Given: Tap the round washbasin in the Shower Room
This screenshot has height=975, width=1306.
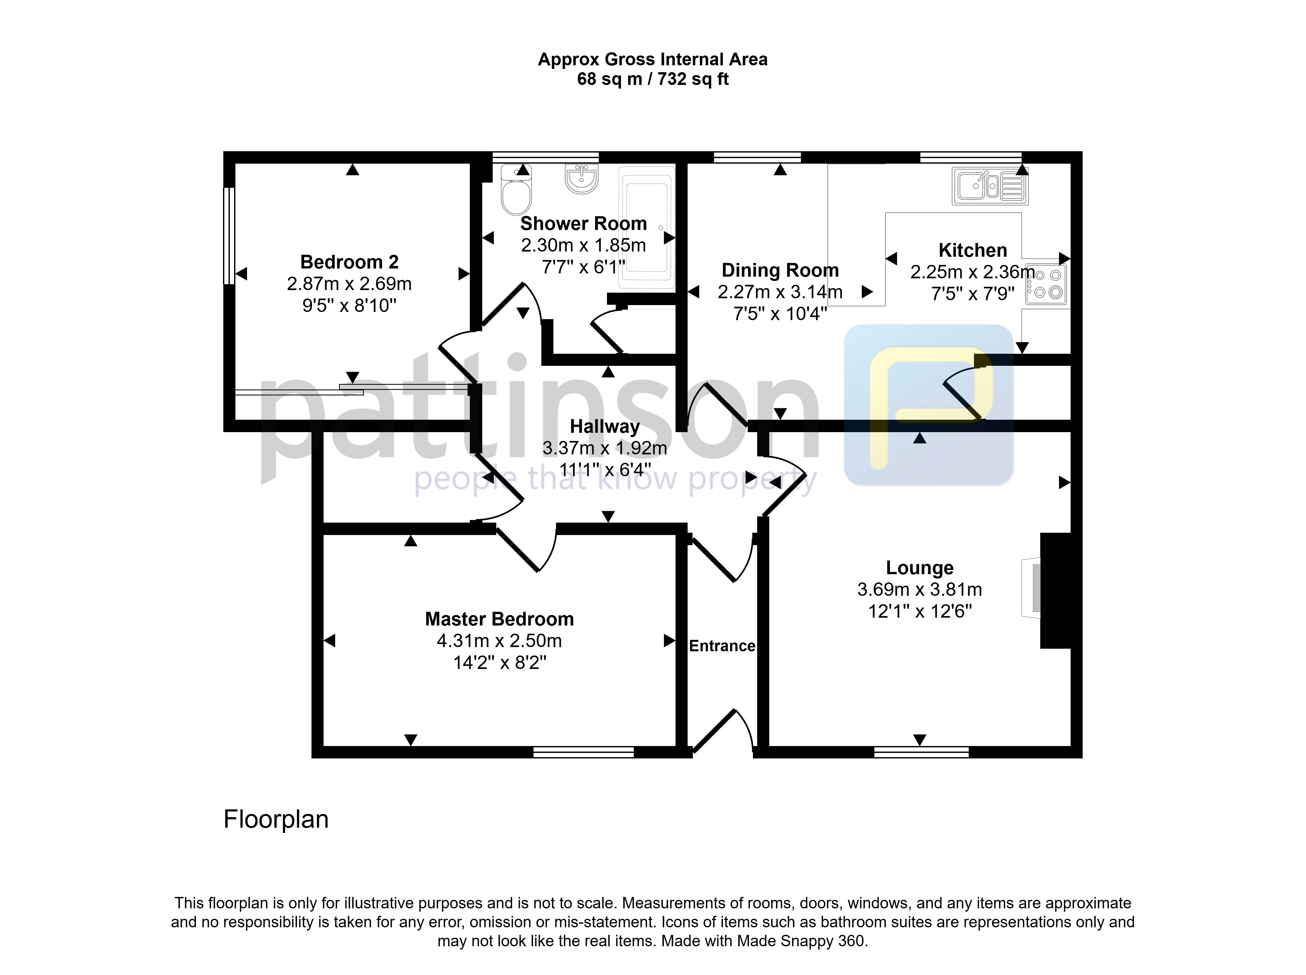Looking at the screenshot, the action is coord(581,179).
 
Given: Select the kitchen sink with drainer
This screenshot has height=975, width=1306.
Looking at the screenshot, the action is coord(990,186).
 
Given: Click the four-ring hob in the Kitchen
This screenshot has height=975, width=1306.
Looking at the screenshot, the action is coord(1046,284).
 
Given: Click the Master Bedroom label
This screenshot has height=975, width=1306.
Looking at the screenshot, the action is coord(499,619).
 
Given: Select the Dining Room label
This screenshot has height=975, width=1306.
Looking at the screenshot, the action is coord(780,270).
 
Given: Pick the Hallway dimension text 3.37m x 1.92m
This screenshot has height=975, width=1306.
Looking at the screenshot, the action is coord(605,448).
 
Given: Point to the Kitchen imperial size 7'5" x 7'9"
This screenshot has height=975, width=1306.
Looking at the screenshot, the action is coord(973,293).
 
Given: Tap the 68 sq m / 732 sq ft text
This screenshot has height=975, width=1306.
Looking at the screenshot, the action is coord(652,79).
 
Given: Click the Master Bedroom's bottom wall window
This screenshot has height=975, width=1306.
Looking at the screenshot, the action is coord(583,752).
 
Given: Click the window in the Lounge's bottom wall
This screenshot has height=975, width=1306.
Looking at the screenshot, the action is coord(921,752).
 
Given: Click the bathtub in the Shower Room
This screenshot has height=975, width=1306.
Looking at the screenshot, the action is coord(646,228).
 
